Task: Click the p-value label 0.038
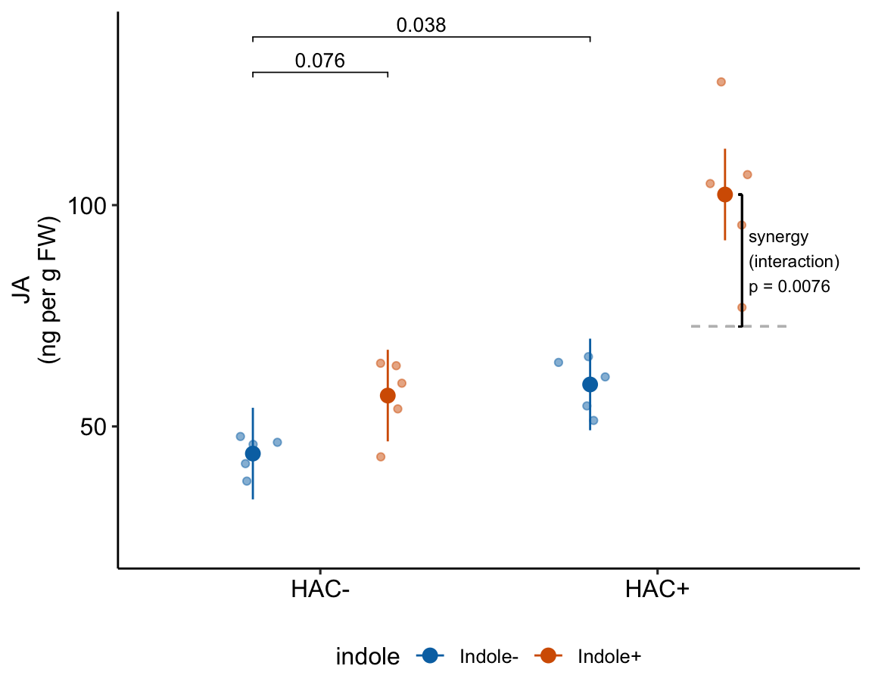pyautogui.click(x=421, y=25)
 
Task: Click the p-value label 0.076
pyautogui.click(x=319, y=61)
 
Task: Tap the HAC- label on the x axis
pyautogui.click(x=319, y=590)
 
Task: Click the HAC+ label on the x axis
pyautogui.click(x=657, y=590)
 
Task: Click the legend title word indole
pyautogui.click(x=367, y=657)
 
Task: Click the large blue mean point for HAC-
pyautogui.click(x=253, y=453)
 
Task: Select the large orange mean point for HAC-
pyautogui.click(x=388, y=395)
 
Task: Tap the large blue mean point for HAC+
pyautogui.click(x=590, y=384)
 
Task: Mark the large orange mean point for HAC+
pyautogui.click(x=724, y=194)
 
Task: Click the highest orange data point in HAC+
pyautogui.click(x=721, y=82)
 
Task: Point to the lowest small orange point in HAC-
pyautogui.click(x=381, y=456)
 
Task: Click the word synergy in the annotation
pyautogui.click(x=778, y=237)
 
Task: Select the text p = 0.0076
pyautogui.click(x=789, y=287)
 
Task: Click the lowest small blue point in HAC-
pyautogui.click(x=247, y=481)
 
